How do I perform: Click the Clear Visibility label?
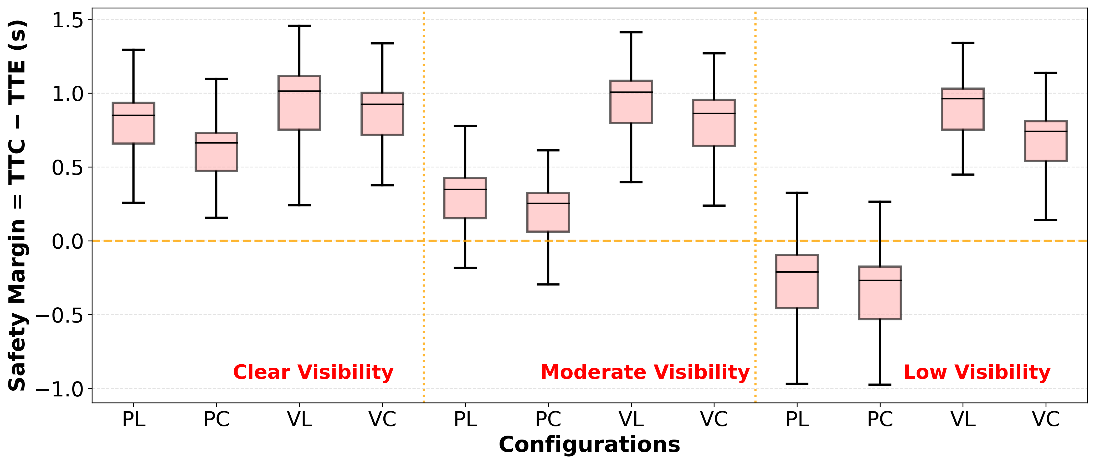pos(313,372)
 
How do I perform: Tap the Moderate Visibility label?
pos(645,372)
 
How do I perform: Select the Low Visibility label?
pos(977,372)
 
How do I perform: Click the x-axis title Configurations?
pos(589,445)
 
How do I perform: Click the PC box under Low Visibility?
pos(880,293)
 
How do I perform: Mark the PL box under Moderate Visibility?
pos(465,198)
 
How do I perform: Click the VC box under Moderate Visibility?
pos(714,123)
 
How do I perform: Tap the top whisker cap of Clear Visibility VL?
pos(299,26)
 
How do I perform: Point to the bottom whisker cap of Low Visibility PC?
pos(880,384)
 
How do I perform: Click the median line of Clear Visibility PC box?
pos(216,143)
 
